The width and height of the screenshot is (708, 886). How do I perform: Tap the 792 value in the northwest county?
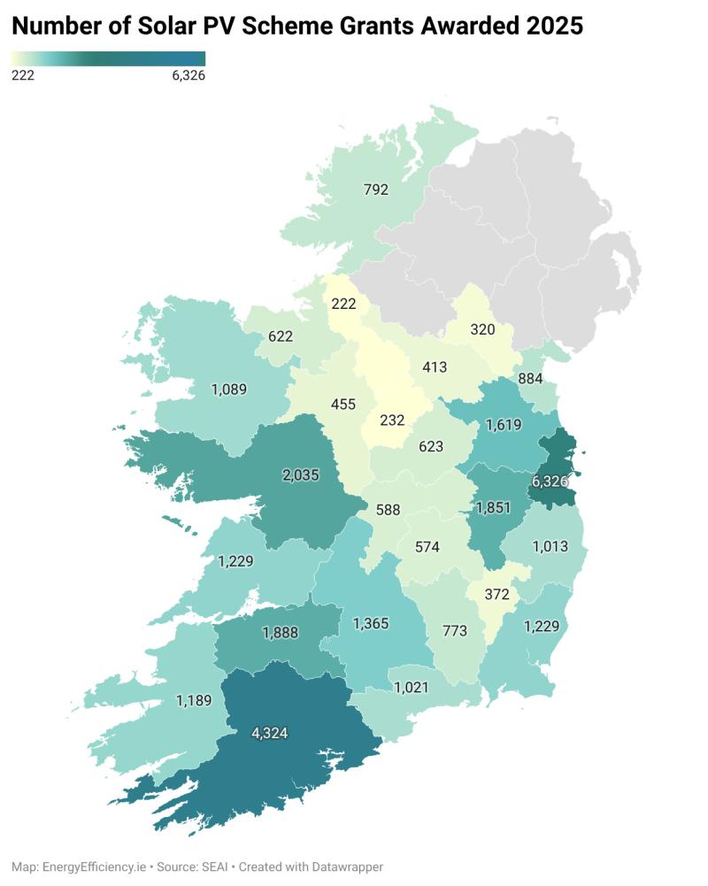[375, 189]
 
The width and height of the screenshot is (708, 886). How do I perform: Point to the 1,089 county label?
[228, 389]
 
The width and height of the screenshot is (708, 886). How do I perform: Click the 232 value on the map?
[394, 420]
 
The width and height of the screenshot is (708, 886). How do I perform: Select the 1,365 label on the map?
[371, 624]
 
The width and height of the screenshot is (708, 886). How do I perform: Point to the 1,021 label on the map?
[411, 687]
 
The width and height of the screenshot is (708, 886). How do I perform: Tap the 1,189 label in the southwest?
[195, 701]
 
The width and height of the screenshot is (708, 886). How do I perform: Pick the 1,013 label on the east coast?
[550, 546]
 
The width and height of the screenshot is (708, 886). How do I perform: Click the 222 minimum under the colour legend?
[23, 76]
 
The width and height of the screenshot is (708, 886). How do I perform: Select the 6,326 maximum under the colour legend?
[188, 76]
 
